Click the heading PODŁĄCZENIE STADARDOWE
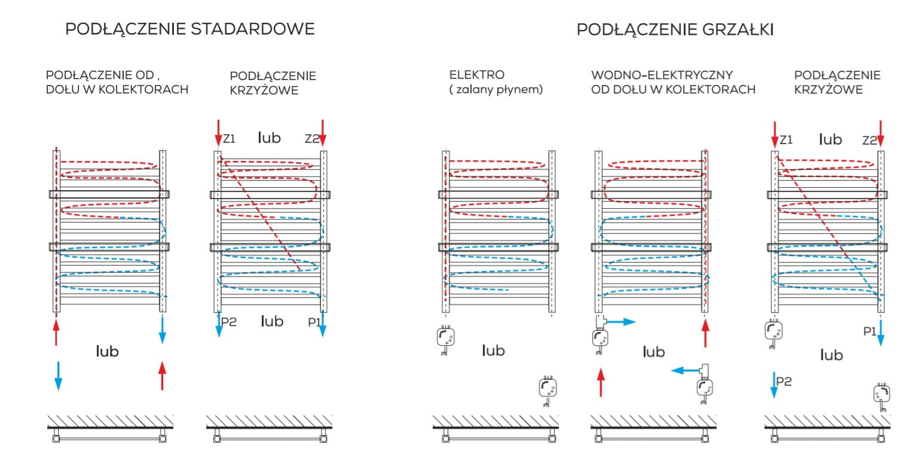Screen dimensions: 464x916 [189, 29]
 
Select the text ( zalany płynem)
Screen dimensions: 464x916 [495, 90]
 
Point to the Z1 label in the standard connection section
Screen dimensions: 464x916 [229, 139]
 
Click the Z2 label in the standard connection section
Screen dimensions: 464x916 [312, 139]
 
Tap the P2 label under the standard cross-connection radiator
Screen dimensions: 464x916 [229, 322]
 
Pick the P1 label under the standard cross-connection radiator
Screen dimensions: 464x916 [314, 322]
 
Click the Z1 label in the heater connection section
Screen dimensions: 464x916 [786, 140]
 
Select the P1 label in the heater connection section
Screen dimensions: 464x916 [869, 330]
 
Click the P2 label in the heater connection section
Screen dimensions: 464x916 [783, 381]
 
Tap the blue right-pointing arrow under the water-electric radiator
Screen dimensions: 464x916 [624, 322]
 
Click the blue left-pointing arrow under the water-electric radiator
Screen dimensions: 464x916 [684, 371]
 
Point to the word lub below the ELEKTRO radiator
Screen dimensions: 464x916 [493, 350]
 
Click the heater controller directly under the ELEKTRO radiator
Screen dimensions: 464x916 [446, 339]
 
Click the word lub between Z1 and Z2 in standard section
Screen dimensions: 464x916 [269, 138]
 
